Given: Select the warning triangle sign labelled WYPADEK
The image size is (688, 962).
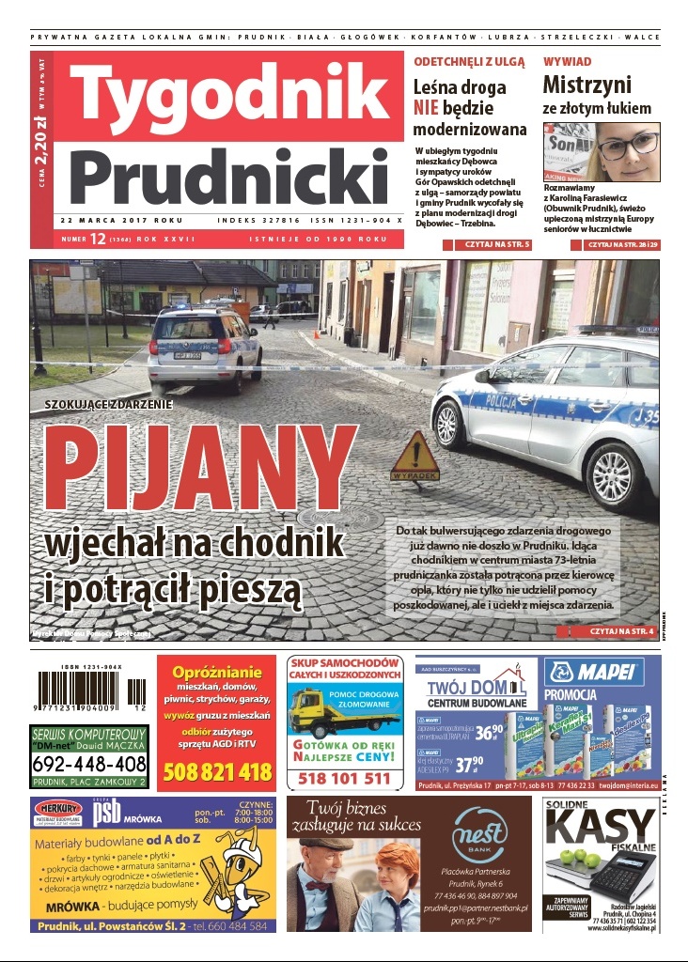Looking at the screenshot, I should coord(415,458).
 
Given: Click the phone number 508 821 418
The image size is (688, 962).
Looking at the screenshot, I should coord(217,773).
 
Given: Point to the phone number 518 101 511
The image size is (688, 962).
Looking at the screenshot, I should coord(344,778).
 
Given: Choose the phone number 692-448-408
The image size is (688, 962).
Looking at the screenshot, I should coord(89,763).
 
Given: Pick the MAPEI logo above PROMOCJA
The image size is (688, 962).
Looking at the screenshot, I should coord(602,673).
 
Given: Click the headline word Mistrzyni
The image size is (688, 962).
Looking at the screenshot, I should coord(586,85).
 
